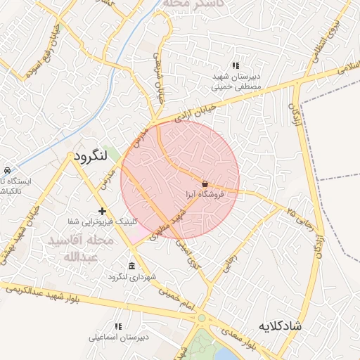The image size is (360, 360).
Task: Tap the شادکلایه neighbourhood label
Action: click(280, 326)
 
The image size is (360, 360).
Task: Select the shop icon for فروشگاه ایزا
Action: click(205, 183)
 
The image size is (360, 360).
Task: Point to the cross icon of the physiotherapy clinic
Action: click(103, 211)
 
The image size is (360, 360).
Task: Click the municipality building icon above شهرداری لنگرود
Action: click(131, 265)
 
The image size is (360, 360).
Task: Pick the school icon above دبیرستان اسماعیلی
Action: click(118, 326)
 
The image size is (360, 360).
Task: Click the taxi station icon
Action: click(6, 171)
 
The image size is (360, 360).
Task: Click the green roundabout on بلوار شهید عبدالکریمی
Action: click(202, 318)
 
